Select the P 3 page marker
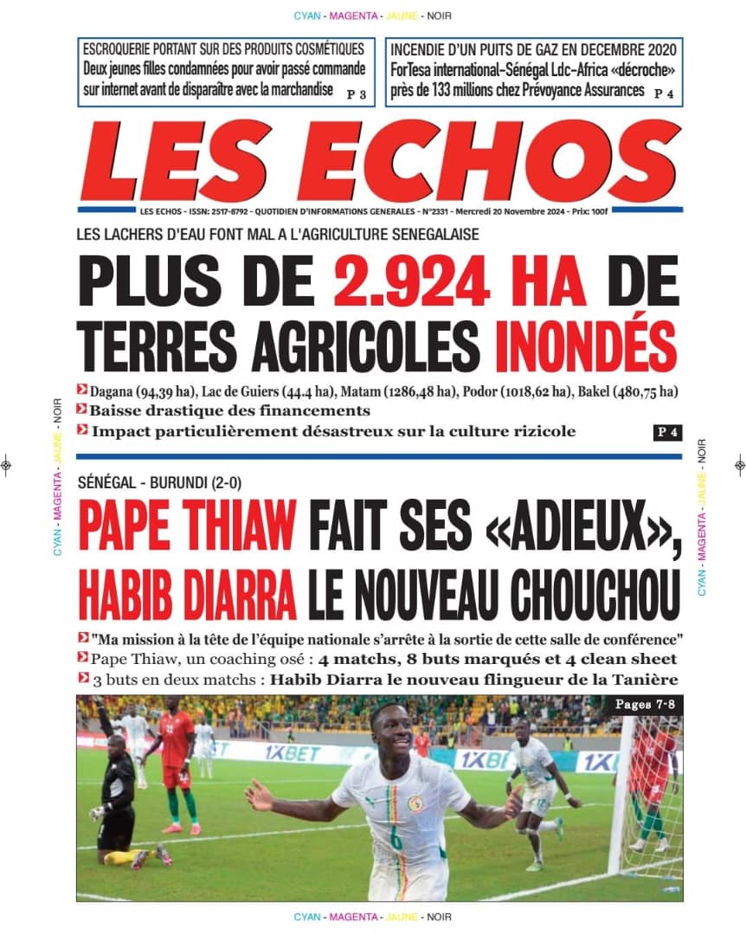pos(357,93)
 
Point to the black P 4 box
pos(666,433)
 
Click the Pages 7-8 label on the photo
pos(644,705)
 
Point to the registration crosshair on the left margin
pos(7,465)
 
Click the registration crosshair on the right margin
pos(739,465)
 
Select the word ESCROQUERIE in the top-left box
pos(125,48)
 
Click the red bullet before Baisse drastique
pos(81,410)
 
